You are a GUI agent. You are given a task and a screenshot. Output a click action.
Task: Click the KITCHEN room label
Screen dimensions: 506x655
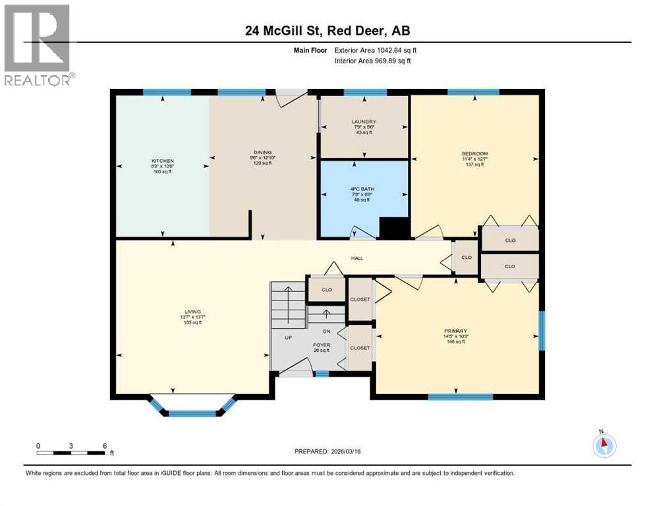coord(163,161)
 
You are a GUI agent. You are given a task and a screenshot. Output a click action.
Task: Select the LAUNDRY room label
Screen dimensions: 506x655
coord(364,122)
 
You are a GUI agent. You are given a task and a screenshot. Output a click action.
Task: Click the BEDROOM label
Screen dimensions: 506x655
coord(474,154)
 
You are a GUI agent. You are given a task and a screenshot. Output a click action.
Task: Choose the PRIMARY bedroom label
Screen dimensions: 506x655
coord(455,331)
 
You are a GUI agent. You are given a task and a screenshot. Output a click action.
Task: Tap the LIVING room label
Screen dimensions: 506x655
coord(192,312)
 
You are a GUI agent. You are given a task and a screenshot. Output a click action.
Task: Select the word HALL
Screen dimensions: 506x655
coord(356,258)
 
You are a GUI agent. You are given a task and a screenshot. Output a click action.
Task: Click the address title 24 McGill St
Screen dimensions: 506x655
coord(327,30)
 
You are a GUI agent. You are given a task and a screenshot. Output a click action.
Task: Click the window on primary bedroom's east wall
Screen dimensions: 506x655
coord(542,331)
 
